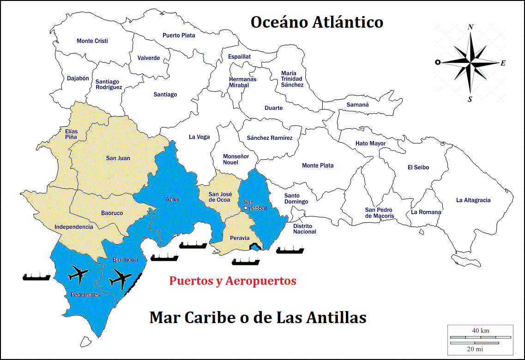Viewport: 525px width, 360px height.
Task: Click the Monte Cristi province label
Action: coord(92,41)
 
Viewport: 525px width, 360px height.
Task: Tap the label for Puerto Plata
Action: coord(179,36)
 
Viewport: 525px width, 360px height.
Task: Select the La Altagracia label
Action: coord(473,200)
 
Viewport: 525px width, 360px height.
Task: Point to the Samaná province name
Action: coord(358,105)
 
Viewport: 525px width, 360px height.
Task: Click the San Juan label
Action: coord(118,158)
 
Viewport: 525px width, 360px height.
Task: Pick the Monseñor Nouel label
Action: coord(236,159)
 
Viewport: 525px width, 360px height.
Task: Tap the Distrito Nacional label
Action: coord(305,229)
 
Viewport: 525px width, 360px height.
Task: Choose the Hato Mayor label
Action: coord(370,144)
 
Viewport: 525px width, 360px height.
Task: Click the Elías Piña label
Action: coord(72,134)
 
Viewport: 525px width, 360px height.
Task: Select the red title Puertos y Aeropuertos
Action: coord(233,281)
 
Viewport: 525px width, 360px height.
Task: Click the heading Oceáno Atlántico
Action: coord(317,22)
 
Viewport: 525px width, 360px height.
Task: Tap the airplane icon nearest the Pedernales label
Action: coord(78,275)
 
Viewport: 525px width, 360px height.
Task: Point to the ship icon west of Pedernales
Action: coord(36,276)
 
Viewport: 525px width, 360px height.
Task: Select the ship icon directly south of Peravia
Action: coord(246,262)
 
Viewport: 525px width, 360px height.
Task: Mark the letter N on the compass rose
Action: coord(471,27)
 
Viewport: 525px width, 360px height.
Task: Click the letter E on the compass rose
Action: coord(503,63)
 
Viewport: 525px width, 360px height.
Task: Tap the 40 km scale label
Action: coord(481,330)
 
